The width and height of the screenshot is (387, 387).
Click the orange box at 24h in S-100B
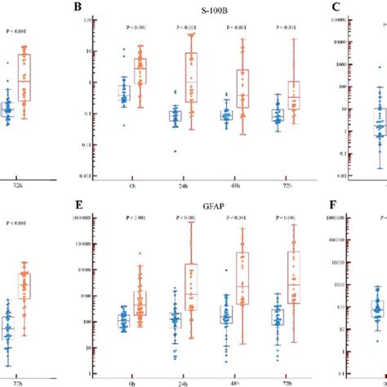click(191, 78)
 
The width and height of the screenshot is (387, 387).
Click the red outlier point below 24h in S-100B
click(175, 150)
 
